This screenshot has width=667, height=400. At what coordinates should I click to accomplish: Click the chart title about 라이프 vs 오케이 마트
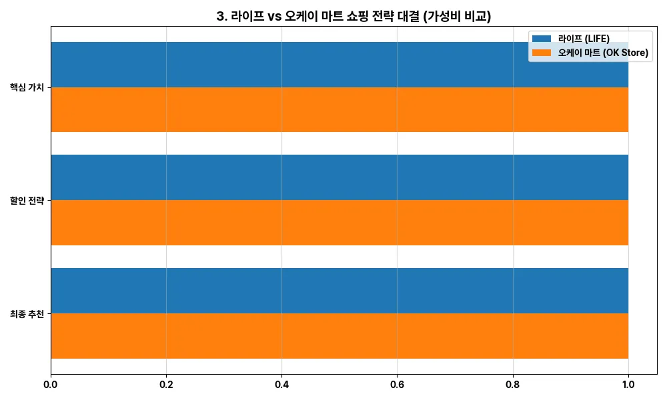pos(354,17)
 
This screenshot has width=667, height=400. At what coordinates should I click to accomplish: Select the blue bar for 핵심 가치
pos(287,65)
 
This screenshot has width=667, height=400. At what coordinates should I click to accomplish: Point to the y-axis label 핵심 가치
pos(27,87)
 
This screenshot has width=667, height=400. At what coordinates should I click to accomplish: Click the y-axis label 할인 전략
pos(27,200)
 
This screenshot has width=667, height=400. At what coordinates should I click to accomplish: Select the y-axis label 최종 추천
pos(27,313)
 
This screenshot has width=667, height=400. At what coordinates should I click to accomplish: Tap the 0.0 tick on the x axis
pos(51,385)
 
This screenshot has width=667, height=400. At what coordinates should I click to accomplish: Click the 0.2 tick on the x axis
pos(166,385)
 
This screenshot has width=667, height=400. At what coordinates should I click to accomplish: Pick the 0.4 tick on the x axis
pos(281,385)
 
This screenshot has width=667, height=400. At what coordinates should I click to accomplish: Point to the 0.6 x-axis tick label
pos(397,385)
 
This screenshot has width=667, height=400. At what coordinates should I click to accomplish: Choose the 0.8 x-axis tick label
pos(513,385)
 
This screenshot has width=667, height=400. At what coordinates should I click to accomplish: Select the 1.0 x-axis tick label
pos(628,385)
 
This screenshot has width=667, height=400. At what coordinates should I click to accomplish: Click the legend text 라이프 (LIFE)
pos(584,39)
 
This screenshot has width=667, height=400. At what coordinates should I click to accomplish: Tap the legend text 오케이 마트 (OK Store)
pos(604,53)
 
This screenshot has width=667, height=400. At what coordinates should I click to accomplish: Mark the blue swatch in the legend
pos(542,39)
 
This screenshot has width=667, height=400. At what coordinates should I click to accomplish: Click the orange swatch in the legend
pos(542,53)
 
